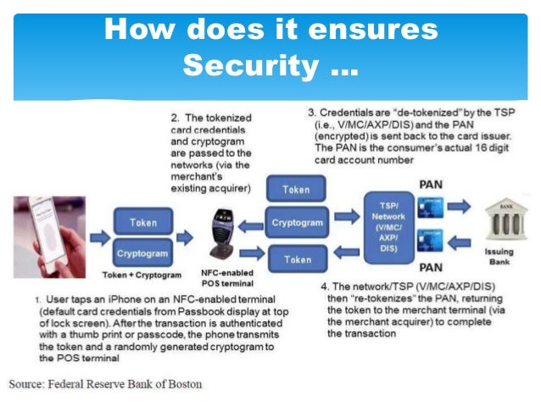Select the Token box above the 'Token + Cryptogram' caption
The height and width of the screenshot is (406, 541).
tap(143, 223)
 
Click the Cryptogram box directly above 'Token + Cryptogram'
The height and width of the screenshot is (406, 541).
tap(143, 253)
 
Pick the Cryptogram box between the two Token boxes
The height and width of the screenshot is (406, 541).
tap(296, 222)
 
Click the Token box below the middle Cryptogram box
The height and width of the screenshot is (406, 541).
tap(296, 259)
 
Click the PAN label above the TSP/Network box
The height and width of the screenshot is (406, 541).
tap(431, 183)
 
